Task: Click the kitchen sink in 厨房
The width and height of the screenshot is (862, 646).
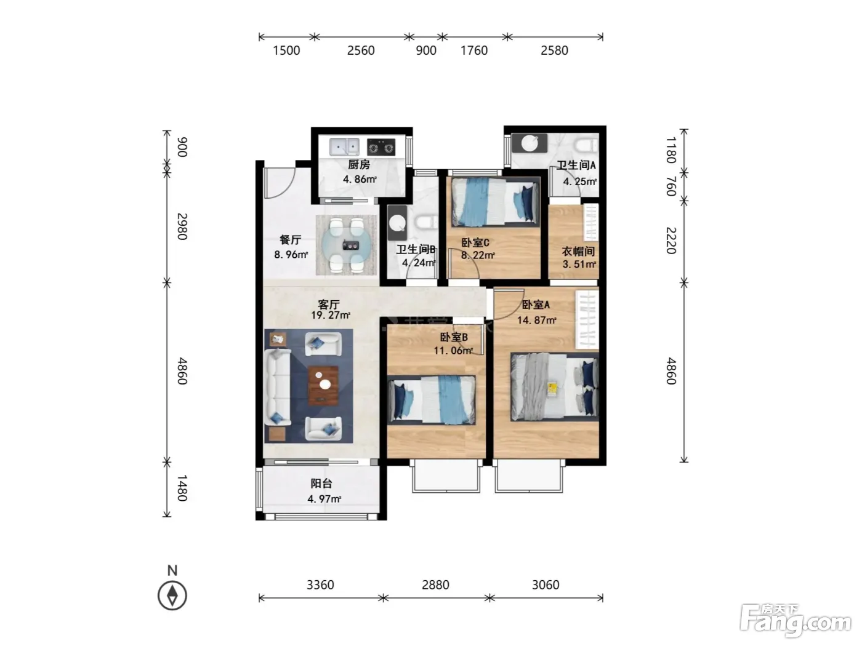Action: coord(344,146)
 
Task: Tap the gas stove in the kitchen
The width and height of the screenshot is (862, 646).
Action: coord(381,147)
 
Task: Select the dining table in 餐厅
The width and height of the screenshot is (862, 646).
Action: coord(346,245)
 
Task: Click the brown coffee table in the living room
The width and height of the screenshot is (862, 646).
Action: coord(323,385)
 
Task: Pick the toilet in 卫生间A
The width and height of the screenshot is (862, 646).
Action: coord(587,145)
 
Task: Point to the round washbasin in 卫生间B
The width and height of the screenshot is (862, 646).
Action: coord(397,223)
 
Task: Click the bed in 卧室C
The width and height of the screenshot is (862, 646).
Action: coord(495,202)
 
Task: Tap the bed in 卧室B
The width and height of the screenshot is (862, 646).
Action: coord(432,400)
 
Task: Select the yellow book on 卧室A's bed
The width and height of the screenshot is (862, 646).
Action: coord(552,389)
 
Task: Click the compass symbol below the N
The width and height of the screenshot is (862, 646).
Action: coord(172,596)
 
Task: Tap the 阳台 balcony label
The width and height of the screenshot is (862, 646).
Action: coord(321,484)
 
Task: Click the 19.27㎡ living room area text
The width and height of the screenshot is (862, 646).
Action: coord(330,315)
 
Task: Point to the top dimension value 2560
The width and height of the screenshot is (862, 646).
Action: coord(361,50)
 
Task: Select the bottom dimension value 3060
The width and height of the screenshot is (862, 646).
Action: coord(546,585)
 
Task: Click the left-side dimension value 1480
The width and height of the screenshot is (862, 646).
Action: coord(182,488)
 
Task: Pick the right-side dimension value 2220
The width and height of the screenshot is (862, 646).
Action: coord(671,241)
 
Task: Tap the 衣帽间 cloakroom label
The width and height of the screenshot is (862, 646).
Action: coord(578,251)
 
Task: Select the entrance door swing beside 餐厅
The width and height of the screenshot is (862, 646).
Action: coord(279,183)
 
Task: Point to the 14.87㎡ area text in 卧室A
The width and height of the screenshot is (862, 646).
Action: coord(536,321)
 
